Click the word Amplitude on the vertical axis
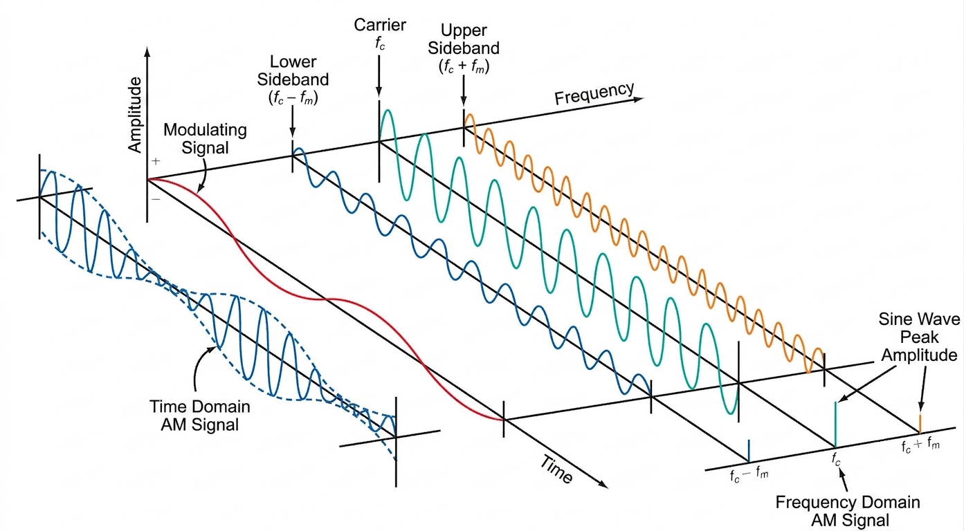pyautogui.click(x=135, y=115)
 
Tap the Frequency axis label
pyautogui.click(x=594, y=93)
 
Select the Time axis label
pyautogui.click(x=556, y=469)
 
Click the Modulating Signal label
pyautogui.click(x=205, y=138)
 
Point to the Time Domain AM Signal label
pyautogui.click(x=200, y=416)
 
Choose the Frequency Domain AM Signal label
pyautogui.click(x=848, y=511)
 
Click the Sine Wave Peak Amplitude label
pyautogui.click(x=919, y=337)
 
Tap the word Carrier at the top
pyautogui.click(x=379, y=25)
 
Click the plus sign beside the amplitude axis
pyautogui.click(x=156, y=161)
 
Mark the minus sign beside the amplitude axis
pyautogui.click(x=156, y=199)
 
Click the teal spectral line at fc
pyautogui.click(x=835, y=425)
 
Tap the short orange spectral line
pyautogui.click(x=920, y=424)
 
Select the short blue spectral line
pyautogui.click(x=749, y=451)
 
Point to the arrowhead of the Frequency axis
pyautogui.click(x=639, y=100)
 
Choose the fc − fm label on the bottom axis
pyautogui.click(x=749, y=475)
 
